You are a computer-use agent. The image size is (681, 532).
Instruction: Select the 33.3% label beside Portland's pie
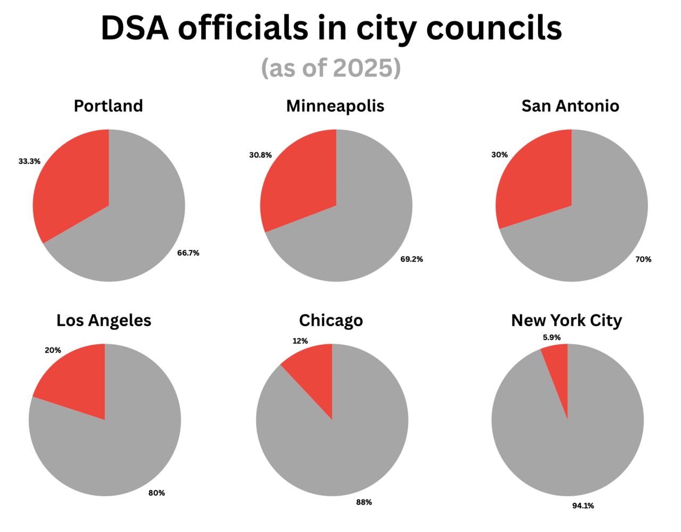point(29,161)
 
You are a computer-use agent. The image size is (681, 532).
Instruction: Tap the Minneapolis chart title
point(335,106)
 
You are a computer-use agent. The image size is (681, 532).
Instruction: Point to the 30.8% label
point(260,155)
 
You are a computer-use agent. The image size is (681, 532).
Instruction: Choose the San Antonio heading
point(570,106)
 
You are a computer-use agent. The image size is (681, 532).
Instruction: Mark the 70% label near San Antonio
point(643,259)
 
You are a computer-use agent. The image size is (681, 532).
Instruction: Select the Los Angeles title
point(104,320)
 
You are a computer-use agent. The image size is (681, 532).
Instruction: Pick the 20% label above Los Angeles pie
point(53,350)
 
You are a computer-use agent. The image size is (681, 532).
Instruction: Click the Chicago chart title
point(331,320)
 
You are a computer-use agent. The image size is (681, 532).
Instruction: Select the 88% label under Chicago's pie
point(364,502)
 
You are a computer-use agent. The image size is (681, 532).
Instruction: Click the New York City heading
point(566,320)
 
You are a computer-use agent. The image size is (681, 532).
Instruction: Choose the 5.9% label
point(552,337)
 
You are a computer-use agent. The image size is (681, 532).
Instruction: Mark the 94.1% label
point(583,506)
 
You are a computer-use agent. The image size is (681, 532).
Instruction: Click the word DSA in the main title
point(135,28)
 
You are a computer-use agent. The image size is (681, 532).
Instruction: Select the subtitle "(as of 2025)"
point(331,68)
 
